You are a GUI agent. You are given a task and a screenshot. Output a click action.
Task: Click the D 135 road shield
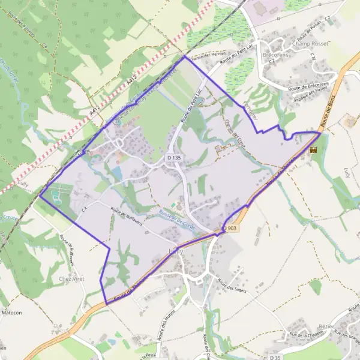click(174, 157)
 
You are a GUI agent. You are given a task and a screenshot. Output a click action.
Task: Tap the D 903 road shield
click(232, 229)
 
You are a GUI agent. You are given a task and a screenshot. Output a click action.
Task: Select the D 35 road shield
click(275, 357)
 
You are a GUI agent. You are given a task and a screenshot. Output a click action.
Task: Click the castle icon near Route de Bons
click(313, 151)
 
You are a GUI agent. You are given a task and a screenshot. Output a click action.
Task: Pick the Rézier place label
click(326, 326)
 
